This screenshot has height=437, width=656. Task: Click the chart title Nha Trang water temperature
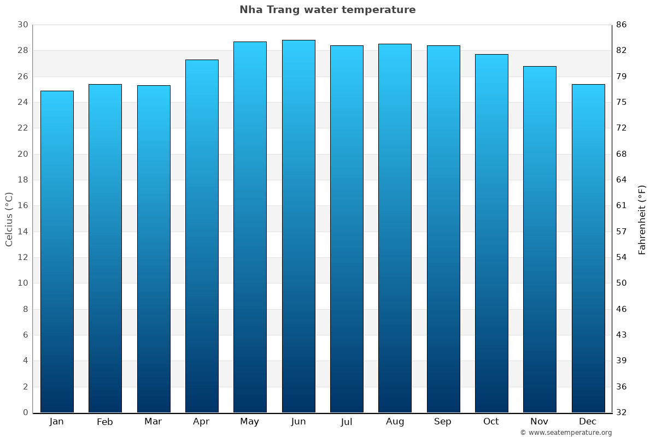click(327, 10)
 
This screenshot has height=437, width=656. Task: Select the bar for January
click(57, 251)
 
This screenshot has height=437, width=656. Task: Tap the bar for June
click(298, 226)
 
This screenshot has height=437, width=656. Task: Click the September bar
click(443, 229)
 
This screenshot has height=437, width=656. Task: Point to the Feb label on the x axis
click(104, 422)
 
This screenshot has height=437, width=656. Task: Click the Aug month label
click(395, 422)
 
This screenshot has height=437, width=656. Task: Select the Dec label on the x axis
click(588, 422)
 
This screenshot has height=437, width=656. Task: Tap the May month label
click(250, 422)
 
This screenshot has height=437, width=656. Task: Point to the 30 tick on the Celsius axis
click(22, 25)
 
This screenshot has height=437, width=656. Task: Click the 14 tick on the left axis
click(22, 232)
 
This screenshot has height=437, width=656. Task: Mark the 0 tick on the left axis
click(25, 412)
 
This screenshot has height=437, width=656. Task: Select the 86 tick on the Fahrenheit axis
click(621, 25)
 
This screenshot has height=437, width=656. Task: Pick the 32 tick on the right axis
click(621, 412)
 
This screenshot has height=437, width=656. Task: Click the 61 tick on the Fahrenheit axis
click(621, 205)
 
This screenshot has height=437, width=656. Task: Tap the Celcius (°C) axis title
click(9, 218)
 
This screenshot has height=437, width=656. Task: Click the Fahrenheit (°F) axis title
click(642, 219)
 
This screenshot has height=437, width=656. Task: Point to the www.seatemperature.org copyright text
click(566, 433)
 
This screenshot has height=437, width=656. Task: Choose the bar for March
click(154, 249)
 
